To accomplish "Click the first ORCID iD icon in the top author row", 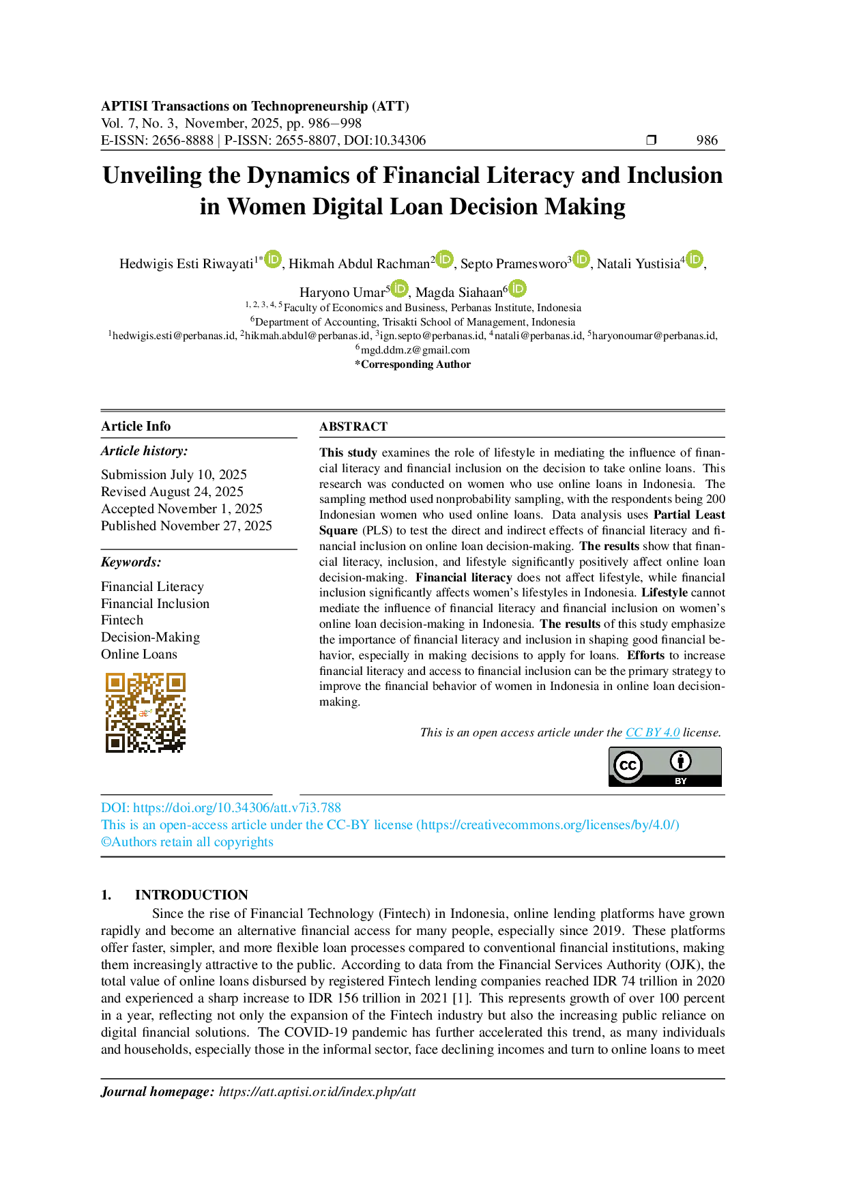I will click(273, 259).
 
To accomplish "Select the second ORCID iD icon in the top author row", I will click(444, 259).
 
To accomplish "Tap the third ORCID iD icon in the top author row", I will click(581, 259).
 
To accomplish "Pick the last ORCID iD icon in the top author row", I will click(694, 259).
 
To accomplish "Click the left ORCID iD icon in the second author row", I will click(399, 289).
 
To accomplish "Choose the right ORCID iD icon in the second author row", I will click(518, 289).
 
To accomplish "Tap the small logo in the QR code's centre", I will click(144, 712).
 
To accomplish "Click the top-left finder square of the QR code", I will click(115, 682).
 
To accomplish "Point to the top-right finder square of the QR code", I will click(175, 682).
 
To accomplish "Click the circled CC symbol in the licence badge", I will click(628, 766).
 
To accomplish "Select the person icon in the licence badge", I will click(680, 761).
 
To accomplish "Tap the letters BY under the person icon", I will click(680, 781).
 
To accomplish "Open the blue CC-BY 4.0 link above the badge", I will click(652, 734).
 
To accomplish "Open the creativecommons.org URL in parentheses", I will click(549, 825).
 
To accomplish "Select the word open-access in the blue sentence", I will click(169, 825).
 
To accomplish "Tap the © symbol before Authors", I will click(103, 843).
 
